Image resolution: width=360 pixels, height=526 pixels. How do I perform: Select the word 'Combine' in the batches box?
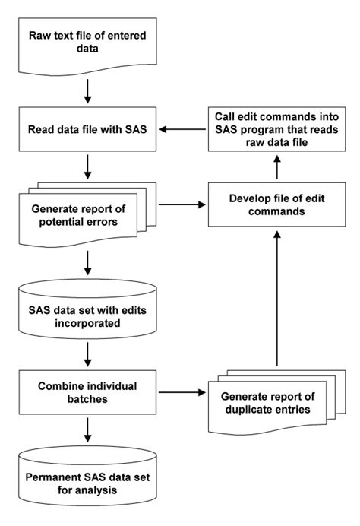point(65,385)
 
